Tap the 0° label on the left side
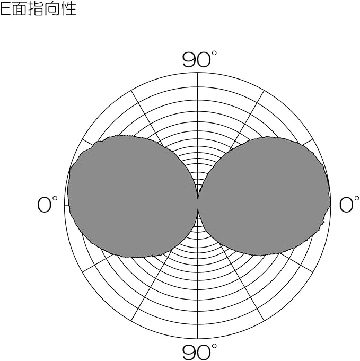(47, 205)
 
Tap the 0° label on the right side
(349, 205)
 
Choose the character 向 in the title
(51, 9)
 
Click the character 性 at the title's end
(68, 9)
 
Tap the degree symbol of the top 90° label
(214, 54)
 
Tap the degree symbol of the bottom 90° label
(214, 346)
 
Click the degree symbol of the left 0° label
(55, 200)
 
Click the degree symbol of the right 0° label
(357, 200)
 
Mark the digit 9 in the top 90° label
(189, 60)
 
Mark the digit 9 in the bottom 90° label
(189, 352)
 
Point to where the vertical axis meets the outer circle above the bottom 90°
(198, 338)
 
